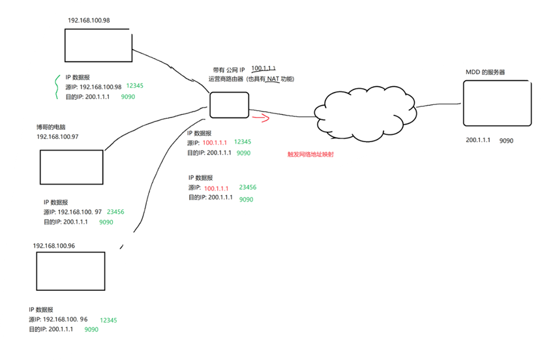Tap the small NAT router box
[229, 105]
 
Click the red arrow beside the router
[261, 118]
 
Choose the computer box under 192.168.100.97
[71, 167]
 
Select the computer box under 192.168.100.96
[70, 271]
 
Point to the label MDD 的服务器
[485, 72]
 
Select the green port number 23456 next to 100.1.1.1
[247, 187]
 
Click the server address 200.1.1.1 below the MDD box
[478, 140]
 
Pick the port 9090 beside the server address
[506, 140]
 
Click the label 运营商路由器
[226, 79]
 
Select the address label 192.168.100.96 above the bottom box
[54, 246]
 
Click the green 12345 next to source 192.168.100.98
[135, 86]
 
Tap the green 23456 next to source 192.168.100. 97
[115, 212]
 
